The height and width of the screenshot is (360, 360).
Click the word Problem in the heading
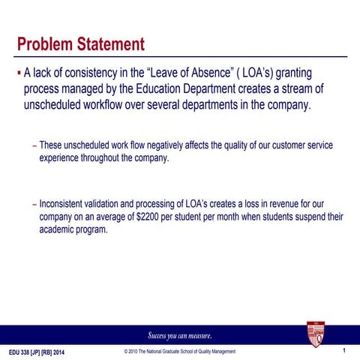(x=44, y=44)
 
